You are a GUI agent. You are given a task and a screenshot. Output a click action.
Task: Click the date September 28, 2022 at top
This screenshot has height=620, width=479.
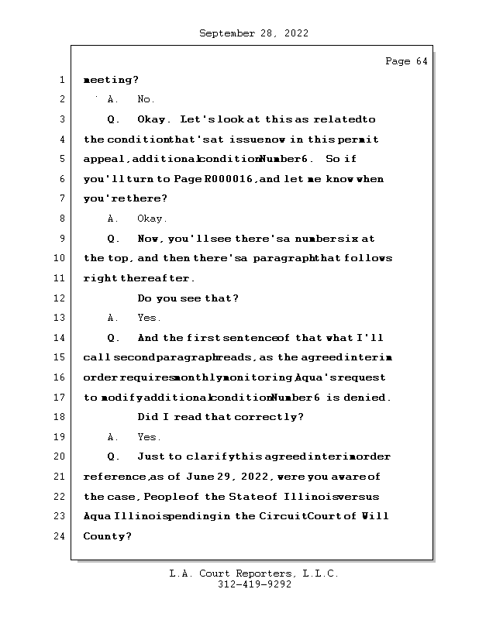point(253,33)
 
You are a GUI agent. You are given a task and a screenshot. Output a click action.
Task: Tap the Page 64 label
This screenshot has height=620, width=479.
point(406,61)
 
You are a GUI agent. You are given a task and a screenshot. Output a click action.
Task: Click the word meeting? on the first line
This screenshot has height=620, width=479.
point(111,80)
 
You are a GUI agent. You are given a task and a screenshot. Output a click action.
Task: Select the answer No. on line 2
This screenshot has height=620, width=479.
point(146,99)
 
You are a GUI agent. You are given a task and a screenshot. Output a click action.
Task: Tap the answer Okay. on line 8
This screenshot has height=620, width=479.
point(152,219)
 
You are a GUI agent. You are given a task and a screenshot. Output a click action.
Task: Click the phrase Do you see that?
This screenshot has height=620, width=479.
point(188,298)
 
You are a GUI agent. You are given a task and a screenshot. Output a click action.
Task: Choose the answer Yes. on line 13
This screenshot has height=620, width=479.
point(149,318)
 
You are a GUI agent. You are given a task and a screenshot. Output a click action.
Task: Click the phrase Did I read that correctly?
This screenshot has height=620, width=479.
point(220,417)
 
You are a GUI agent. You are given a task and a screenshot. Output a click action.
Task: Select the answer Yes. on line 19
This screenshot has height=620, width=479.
point(149,437)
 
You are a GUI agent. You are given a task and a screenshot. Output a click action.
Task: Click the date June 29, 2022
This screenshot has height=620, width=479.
point(219,477)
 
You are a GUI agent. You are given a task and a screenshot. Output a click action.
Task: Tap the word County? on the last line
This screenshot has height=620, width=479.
point(108,536)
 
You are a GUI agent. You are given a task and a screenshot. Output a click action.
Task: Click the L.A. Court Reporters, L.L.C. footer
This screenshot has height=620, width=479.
point(253,574)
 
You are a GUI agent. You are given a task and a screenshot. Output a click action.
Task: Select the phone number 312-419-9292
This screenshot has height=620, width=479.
point(254,585)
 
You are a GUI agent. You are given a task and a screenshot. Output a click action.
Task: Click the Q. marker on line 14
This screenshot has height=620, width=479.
point(113,338)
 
